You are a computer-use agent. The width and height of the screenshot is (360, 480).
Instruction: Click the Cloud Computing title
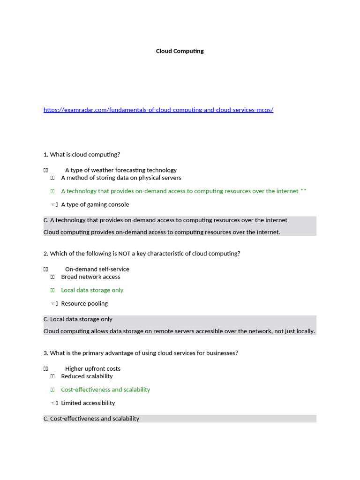pyautogui.click(x=180, y=51)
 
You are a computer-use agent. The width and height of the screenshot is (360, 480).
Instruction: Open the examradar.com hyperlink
pyautogui.click(x=158, y=110)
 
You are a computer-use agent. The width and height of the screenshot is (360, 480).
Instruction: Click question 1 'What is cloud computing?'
pyautogui.click(x=82, y=155)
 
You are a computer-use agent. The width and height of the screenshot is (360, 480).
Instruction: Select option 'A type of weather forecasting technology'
pyautogui.click(x=120, y=170)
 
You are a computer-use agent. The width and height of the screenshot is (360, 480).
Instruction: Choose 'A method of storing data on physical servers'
pyautogui.click(x=121, y=178)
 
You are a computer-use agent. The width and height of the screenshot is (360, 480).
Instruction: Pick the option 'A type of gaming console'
pyautogui.click(x=95, y=204)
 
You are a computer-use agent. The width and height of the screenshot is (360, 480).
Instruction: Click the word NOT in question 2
pyautogui.click(x=124, y=254)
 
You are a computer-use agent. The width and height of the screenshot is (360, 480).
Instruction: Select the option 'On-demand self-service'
pyautogui.click(x=97, y=269)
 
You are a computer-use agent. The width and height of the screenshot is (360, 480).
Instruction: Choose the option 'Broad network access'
pyautogui.click(x=90, y=277)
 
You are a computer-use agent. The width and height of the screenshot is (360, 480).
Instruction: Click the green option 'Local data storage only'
pyautogui.click(x=92, y=290)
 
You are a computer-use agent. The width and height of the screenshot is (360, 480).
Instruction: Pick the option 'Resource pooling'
pyautogui.click(x=84, y=303)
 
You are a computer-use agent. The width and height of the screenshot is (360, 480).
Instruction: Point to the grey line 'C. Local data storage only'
pyautogui.click(x=78, y=319)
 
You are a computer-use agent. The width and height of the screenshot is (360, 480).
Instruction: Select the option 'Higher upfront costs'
pyautogui.click(x=92, y=368)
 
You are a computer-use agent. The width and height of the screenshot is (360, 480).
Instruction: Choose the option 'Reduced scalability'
pyautogui.click(x=87, y=376)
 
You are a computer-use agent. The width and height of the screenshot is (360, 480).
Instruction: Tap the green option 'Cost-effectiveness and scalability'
pyautogui.click(x=105, y=390)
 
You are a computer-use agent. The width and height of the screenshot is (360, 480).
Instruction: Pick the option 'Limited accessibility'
pyautogui.click(x=88, y=403)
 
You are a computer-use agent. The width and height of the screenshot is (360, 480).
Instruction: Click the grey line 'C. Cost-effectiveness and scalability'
pyautogui.click(x=91, y=419)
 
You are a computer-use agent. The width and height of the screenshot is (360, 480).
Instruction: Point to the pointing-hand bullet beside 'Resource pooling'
pyautogui.click(x=54, y=304)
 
